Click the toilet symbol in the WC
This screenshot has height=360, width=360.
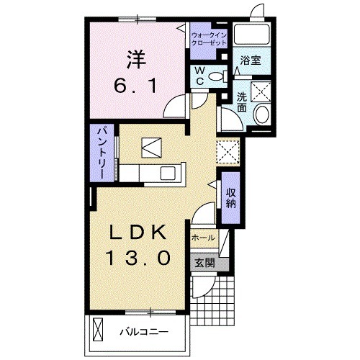(x=218, y=76)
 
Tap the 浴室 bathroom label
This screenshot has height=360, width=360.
(x=251, y=60)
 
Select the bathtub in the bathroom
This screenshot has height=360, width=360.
(x=251, y=34)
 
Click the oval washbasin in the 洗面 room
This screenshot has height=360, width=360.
(x=262, y=114)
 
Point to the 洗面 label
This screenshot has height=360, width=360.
(x=242, y=102)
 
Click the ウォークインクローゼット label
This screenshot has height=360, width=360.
(x=209, y=40)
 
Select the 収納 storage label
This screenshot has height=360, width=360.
(x=230, y=198)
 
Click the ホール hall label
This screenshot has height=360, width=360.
(x=203, y=238)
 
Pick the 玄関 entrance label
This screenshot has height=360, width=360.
(x=204, y=264)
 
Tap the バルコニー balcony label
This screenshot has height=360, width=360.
(x=145, y=332)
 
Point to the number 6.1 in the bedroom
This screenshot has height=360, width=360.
(x=135, y=86)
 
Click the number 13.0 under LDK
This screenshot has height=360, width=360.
(x=138, y=257)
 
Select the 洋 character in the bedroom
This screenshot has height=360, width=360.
(x=136, y=59)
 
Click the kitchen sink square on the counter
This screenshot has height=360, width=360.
(x=168, y=173)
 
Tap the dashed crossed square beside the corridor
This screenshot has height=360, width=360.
(x=228, y=152)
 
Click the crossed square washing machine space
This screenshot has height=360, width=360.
(x=261, y=91)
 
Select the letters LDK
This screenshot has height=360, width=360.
(x=138, y=233)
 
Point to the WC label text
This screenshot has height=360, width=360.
(x=199, y=76)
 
